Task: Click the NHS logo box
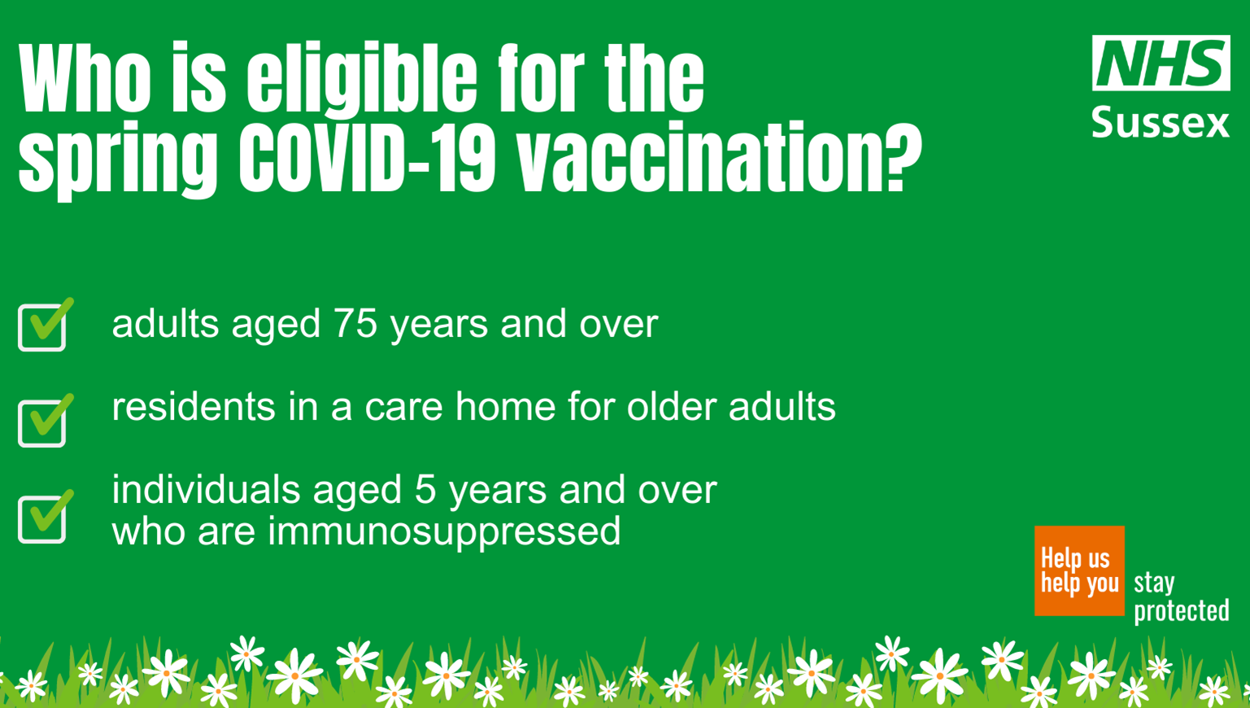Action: (x=1161, y=63)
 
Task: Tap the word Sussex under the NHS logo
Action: (x=1161, y=122)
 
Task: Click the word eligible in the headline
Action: (x=362, y=78)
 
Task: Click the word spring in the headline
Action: (x=118, y=162)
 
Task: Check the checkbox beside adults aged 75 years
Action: (x=45, y=325)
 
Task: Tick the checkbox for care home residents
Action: (x=45, y=421)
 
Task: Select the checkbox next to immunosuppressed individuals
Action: (x=45, y=517)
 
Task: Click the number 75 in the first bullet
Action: (x=355, y=323)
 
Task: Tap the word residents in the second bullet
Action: (x=193, y=406)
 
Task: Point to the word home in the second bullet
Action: (x=506, y=406)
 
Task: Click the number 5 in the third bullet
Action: (x=425, y=490)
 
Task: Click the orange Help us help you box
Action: (x=1079, y=570)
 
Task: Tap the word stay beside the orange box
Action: (x=1154, y=583)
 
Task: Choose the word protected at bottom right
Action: (x=1182, y=610)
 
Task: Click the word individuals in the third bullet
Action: (x=206, y=490)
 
